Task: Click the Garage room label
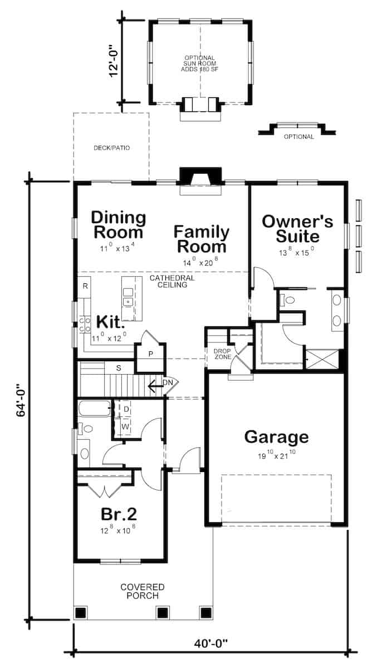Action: [x=276, y=436]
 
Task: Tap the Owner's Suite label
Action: [x=297, y=228]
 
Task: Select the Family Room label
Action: [x=200, y=239]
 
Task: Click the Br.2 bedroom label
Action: [x=119, y=513]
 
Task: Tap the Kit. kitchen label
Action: [x=109, y=322]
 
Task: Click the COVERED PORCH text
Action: [x=143, y=591]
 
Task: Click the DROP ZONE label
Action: [x=223, y=353]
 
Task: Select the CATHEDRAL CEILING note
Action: [x=172, y=281]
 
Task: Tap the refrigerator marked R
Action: [x=85, y=286]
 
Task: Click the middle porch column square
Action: [x=162, y=612]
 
